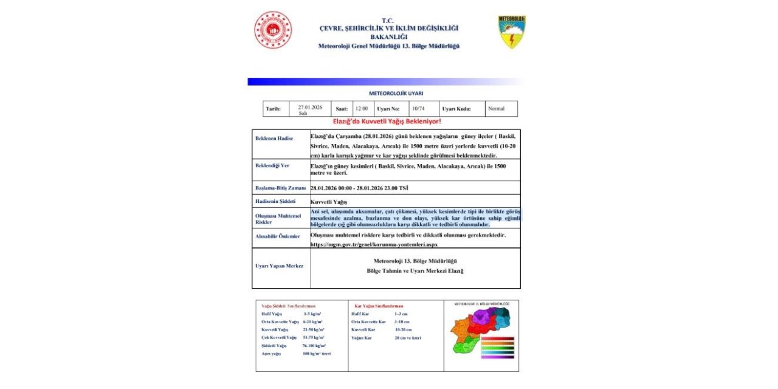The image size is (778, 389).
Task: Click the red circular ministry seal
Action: coord(273,30)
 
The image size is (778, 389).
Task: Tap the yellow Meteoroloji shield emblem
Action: coord(512,32)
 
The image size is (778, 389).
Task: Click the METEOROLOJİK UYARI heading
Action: coord(396,94)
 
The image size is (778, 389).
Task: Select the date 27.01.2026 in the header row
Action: coord(310,108)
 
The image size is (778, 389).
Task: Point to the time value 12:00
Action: coord(361,109)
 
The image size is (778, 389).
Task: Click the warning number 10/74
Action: coord(418,109)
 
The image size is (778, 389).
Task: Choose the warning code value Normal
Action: coord(496,109)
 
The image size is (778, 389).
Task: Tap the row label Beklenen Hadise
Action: coord(274,139)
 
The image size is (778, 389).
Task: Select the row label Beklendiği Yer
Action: coord(272,165)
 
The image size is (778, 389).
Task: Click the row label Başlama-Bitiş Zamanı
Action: coord(280,188)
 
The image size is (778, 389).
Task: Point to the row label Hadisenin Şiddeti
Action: coord(275,201)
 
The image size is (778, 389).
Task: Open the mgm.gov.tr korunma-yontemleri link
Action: coord(373,244)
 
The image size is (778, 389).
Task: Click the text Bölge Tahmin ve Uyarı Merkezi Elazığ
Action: coord(415,271)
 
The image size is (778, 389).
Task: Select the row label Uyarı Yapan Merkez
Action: coord(279,266)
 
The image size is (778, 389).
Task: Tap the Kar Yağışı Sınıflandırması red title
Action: coord(379,306)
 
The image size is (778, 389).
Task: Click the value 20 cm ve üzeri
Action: coord(407,337)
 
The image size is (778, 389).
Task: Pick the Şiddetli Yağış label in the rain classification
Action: coord(274,345)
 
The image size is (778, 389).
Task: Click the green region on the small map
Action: coord(466,347)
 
